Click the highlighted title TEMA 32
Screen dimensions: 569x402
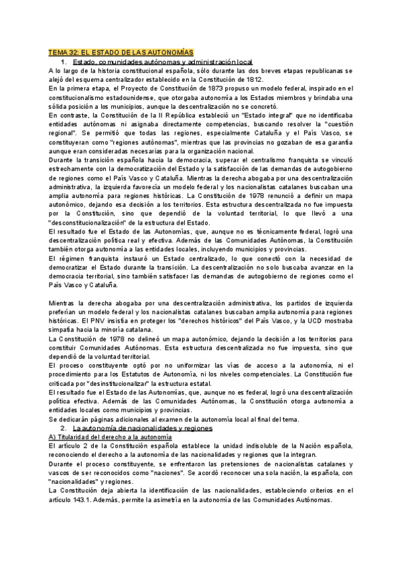pos(121,52)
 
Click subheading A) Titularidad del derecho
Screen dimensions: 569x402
pos(111,436)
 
